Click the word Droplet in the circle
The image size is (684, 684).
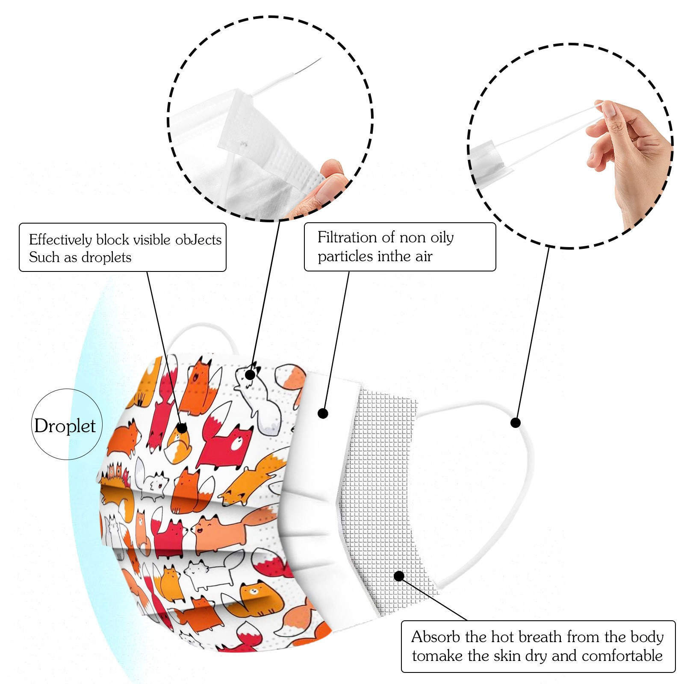65,426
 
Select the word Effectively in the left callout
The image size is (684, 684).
60,240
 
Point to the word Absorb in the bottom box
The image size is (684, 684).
436,637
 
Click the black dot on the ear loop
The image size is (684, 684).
516,423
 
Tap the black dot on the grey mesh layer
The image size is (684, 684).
399,576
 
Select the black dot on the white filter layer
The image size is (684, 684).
323,413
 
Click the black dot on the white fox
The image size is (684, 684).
250,375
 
